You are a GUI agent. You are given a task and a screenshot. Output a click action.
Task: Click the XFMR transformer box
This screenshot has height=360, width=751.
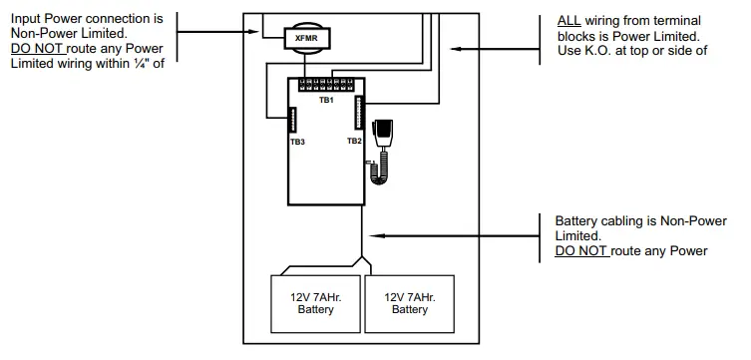click(304, 38)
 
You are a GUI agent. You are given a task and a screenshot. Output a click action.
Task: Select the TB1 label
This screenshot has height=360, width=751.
click(325, 101)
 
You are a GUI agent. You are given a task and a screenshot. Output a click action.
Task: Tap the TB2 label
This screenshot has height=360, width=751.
click(354, 142)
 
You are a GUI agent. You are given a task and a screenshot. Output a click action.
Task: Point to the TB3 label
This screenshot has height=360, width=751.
click(297, 143)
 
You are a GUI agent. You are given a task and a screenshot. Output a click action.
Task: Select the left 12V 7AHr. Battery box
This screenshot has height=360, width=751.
click(315, 302)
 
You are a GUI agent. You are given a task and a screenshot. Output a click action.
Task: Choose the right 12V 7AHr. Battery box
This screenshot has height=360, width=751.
click(410, 302)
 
